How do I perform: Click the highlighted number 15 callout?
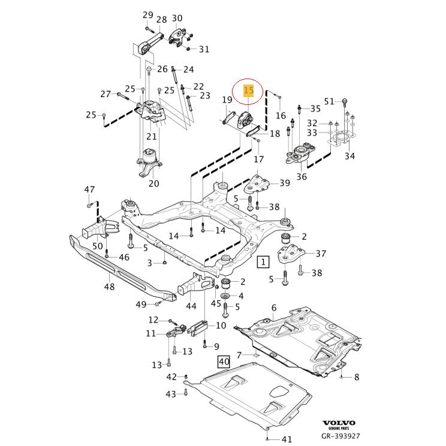(x=249, y=91)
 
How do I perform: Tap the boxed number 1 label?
(x=263, y=261)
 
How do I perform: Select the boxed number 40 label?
(x=223, y=361)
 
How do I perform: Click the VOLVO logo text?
(x=339, y=423)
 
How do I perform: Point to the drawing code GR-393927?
(x=340, y=437)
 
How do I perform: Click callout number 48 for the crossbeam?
(x=109, y=287)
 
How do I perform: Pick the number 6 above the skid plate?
(x=274, y=308)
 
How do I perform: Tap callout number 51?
(x=329, y=101)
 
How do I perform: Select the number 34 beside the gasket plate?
(x=349, y=156)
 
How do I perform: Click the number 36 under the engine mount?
(x=302, y=177)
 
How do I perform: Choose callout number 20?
(x=154, y=183)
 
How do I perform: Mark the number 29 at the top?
(x=147, y=15)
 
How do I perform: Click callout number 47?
(x=89, y=190)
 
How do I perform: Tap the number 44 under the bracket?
(x=191, y=306)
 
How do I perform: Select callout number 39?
(x=284, y=183)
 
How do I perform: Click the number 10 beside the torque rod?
(x=221, y=325)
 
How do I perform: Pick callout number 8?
(x=357, y=377)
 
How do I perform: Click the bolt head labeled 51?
(x=345, y=101)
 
